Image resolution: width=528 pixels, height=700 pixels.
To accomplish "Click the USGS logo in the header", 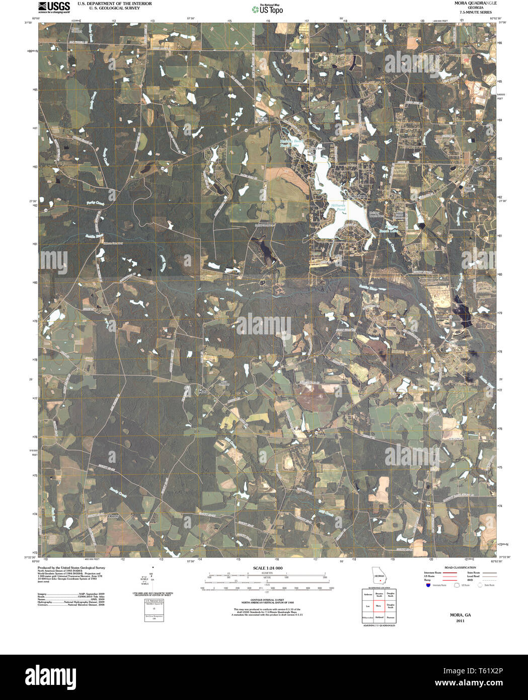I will pos(54,7).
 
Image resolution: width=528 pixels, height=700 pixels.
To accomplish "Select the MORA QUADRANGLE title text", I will pos(468,3).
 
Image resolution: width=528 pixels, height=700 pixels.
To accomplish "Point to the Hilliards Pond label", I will pos(338,207).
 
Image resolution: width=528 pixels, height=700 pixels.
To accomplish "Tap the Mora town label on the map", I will pos(203,391).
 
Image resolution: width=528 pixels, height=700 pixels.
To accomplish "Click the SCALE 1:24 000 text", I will pos(267,568).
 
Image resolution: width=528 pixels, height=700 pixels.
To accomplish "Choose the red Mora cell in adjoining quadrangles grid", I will pos(379,606).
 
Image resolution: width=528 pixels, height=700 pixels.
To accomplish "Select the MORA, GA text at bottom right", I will pos(460,615).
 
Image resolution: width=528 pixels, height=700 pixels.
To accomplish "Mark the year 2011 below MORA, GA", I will pos(460,621).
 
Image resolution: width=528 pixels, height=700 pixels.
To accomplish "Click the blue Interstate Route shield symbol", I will pos(428,585).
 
